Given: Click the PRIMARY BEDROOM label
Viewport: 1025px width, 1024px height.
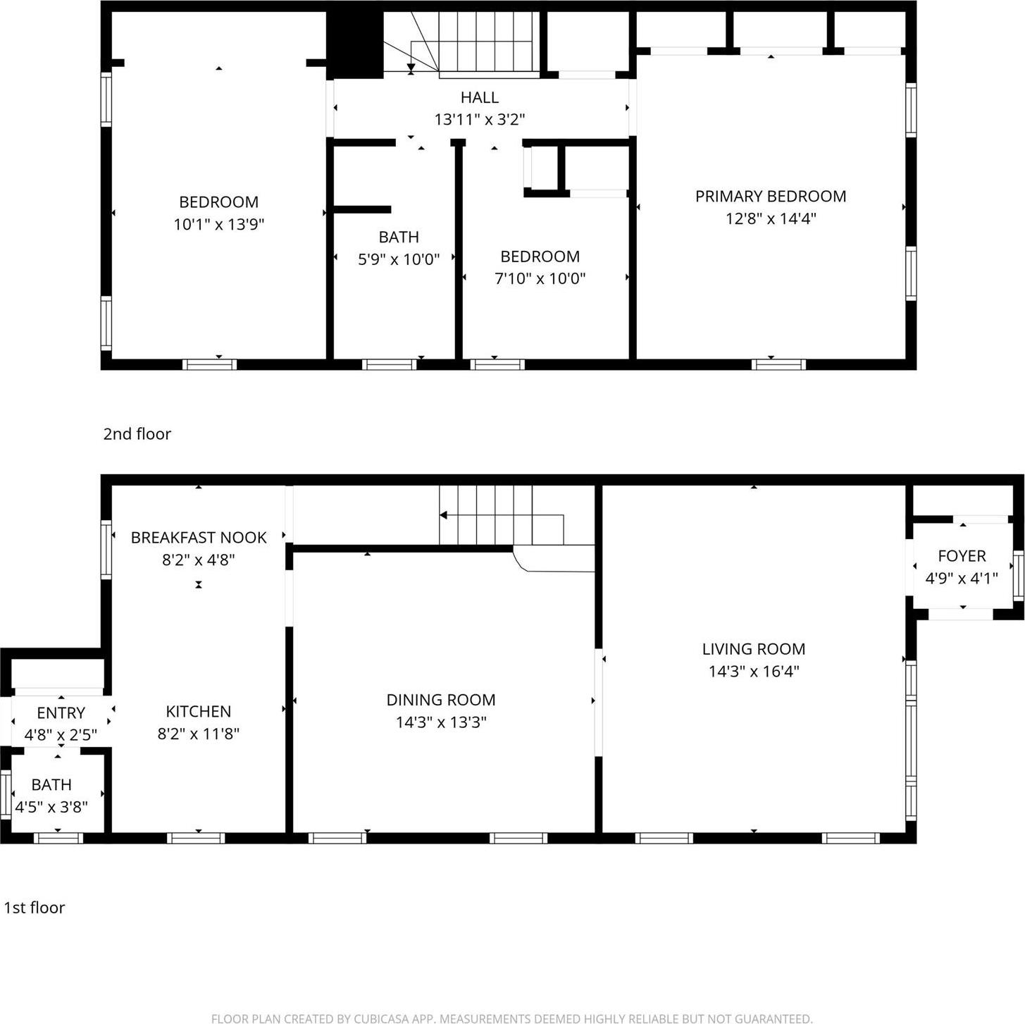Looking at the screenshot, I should pos(770,197).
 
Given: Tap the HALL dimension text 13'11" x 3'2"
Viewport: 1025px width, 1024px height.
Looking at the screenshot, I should pos(479,120).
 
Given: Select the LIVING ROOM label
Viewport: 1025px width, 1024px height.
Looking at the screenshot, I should pos(753,649).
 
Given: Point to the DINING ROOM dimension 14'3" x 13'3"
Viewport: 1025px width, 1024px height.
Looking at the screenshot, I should pos(441,722).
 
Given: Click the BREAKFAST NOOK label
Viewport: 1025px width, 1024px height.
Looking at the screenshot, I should pos(199,538).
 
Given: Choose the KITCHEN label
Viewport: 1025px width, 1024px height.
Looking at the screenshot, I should pos(198,712).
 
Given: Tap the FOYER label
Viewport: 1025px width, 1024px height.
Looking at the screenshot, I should pos(962,556).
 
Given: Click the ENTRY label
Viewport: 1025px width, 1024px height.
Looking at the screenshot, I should pos(61,713).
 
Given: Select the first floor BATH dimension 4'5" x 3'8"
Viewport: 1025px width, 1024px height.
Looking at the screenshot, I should pos(51,807).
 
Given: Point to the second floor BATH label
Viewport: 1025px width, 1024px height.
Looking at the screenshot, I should pos(399,238).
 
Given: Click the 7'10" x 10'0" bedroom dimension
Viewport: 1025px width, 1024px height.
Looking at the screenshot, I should pos(540,278).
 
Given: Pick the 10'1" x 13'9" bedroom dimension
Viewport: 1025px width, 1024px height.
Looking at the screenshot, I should pos(218,225).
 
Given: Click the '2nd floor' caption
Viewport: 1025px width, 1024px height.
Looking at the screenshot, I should pos(137,434).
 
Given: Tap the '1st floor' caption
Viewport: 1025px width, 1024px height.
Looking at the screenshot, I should pos(35,908).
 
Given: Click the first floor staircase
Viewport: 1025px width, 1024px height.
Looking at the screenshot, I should pos(493,516).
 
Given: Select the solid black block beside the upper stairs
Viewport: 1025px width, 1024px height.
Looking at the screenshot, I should pos(354,44).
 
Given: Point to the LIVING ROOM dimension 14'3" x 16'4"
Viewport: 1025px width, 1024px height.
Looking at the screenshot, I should pos(753,672).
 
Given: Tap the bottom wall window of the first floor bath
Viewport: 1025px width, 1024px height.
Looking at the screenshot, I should pos(58,838).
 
